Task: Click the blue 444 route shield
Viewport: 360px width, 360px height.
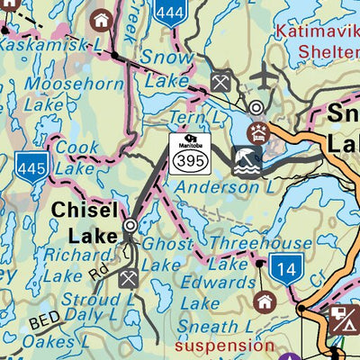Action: click(x=168, y=11)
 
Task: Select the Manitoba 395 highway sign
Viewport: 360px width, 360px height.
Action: click(x=190, y=150)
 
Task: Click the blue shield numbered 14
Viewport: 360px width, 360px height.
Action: click(x=286, y=269)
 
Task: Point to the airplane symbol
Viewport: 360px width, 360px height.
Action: click(x=263, y=77)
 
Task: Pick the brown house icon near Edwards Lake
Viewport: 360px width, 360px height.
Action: click(x=265, y=301)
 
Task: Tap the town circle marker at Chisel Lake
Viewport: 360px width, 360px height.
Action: click(x=130, y=225)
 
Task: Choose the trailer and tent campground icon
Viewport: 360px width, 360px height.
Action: click(x=344, y=318)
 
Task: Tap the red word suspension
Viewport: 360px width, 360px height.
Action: click(x=224, y=345)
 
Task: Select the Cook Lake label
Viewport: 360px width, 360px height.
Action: click(x=76, y=155)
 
